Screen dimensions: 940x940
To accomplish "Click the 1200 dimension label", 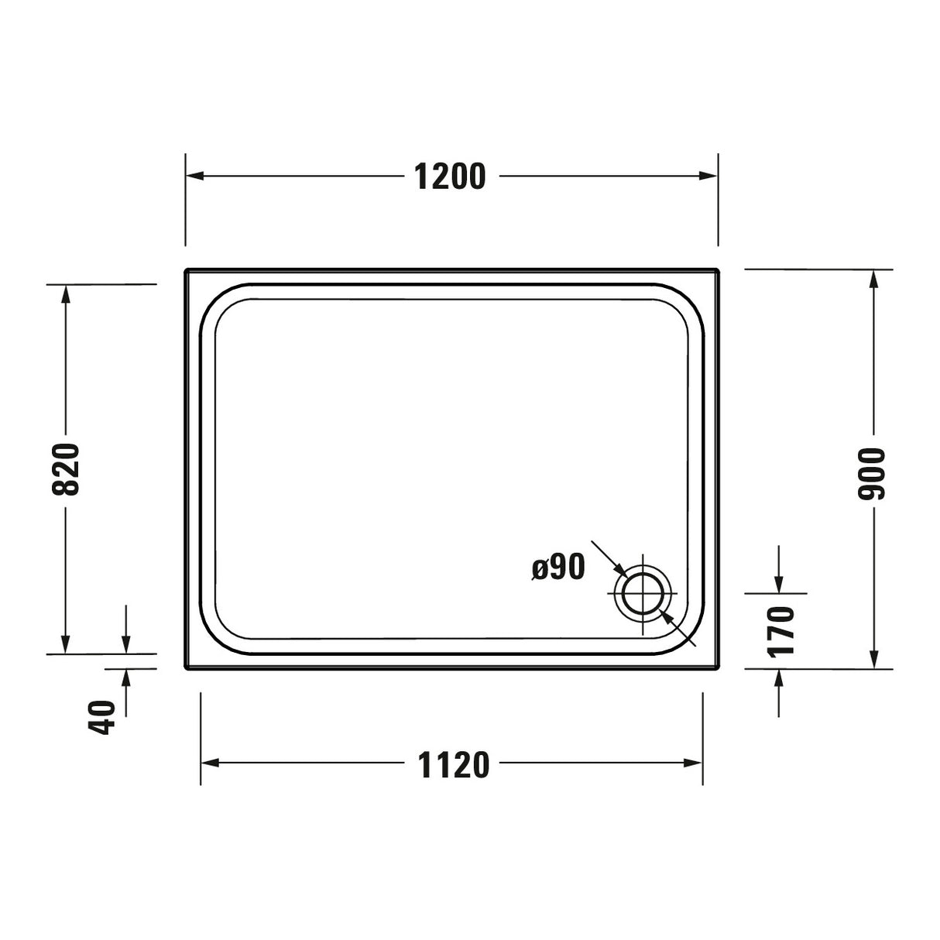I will pyautogui.click(x=450, y=177).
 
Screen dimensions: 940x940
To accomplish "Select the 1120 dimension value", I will pyautogui.click(x=454, y=765).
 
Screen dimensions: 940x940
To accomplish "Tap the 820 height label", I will pyautogui.click(x=66, y=469).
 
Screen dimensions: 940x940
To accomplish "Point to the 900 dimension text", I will pyautogui.click(x=873, y=473).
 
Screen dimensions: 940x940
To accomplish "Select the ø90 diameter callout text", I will pyautogui.click(x=558, y=568).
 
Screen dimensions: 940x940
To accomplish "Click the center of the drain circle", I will pyautogui.click(x=643, y=594).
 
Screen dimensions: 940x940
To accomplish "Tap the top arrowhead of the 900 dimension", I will pyautogui.click(x=874, y=280).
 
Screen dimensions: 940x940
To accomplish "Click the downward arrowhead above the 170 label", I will pyautogui.click(x=779, y=584).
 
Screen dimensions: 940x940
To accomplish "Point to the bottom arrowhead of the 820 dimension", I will pyautogui.click(x=66, y=644).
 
